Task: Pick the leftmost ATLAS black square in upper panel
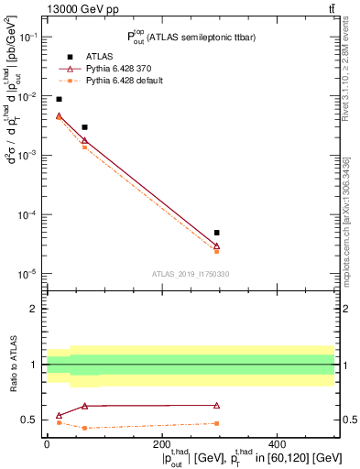pos(59,99)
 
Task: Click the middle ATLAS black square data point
pos(84,127)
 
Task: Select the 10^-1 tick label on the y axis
pos(27,37)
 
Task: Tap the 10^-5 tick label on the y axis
pos(27,274)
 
